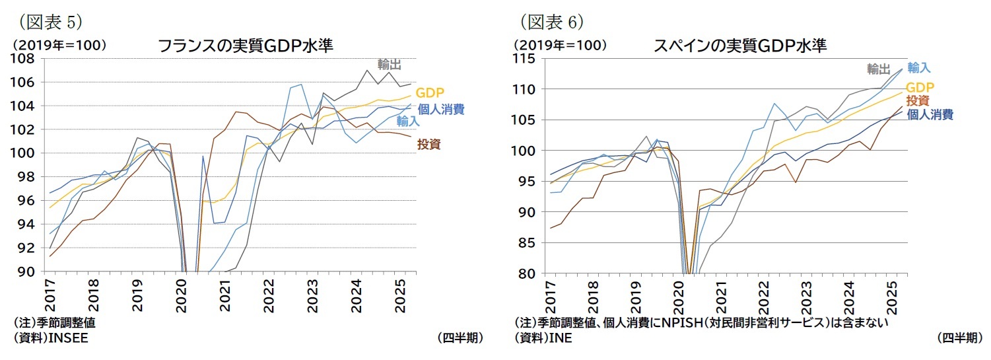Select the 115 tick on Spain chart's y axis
pos(524,59)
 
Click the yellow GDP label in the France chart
pos(429,93)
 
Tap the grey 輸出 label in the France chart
pos(389,64)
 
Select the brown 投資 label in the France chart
pos(428,144)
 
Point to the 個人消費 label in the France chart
pos(440,109)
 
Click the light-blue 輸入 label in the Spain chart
pos(918,67)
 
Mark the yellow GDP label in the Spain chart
pos(920,87)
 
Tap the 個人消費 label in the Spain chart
pos(930,114)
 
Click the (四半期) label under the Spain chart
pos(959,338)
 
